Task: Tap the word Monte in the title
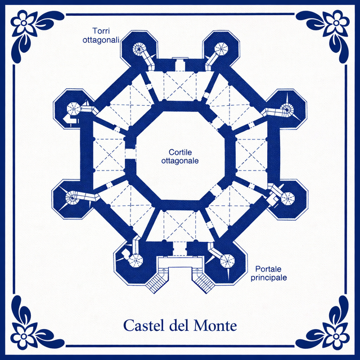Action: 215,326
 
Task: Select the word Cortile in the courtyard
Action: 180,152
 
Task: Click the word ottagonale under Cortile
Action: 180,161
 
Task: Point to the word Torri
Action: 101,31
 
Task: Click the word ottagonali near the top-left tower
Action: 101,40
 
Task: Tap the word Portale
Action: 268,269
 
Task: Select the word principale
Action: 269,277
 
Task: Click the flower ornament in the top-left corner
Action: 24,23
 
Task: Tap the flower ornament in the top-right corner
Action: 336,23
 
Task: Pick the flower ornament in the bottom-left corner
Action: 24,336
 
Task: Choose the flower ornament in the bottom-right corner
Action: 336,336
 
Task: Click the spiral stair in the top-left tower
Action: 139,48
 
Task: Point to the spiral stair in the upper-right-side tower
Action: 287,109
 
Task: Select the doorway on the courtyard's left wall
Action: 130,154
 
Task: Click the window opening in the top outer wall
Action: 180,64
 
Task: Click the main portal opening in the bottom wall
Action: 180,249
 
